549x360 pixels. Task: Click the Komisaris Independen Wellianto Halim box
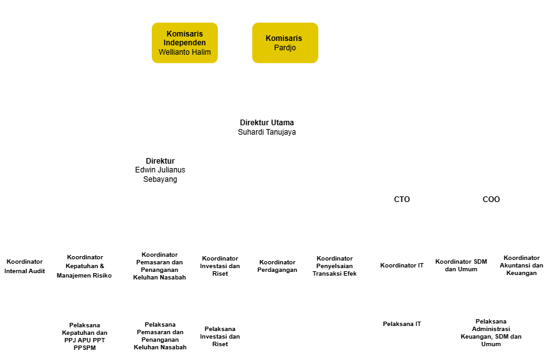pos(184,43)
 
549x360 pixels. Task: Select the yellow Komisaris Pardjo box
pos(284,43)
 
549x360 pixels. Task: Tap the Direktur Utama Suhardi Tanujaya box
pos(267,127)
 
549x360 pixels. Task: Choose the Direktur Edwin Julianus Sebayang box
pos(161,170)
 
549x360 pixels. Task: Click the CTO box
pos(402,200)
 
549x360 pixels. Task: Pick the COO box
pos(491,200)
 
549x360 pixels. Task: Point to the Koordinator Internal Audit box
pos(25,266)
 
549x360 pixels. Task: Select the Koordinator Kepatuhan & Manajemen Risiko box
pos(85,266)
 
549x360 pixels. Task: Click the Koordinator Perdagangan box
pos(278,266)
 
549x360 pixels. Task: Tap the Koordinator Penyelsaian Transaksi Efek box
pos(335,266)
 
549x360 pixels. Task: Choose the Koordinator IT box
pos(402,266)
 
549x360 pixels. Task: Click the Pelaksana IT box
pos(402,323)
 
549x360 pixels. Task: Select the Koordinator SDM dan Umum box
pos(461,266)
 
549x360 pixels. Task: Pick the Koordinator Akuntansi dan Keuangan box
pos(521,266)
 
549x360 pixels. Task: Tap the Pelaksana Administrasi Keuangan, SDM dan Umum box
pos(491,332)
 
